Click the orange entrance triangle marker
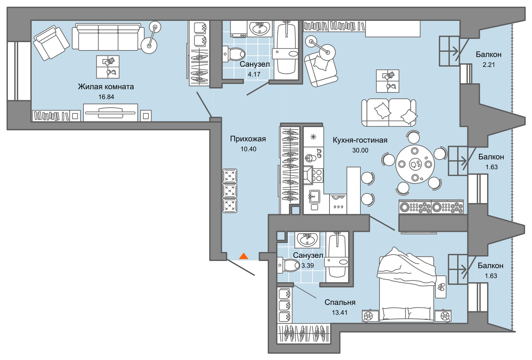click(x=244, y=256)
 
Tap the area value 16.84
click(x=106, y=97)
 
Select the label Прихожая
click(x=248, y=139)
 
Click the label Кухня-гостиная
click(x=360, y=140)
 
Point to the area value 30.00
click(x=360, y=150)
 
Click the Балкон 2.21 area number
click(x=489, y=65)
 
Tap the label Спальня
click(x=340, y=302)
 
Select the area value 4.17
click(x=254, y=75)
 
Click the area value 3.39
click(x=308, y=266)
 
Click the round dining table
click(x=415, y=164)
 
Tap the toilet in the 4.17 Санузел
click(x=234, y=54)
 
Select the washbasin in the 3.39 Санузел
click(x=307, y=240)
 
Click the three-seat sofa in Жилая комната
click(x=108, y=37)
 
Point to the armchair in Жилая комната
click(x=51, y=43)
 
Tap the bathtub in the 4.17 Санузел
click(x=286, y=50)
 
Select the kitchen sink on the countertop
click(x=314, y=196)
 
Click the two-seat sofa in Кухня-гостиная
click(x=389, y=112)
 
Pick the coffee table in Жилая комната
click(x=108, y=67)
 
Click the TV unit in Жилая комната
click(x=110, y=113)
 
